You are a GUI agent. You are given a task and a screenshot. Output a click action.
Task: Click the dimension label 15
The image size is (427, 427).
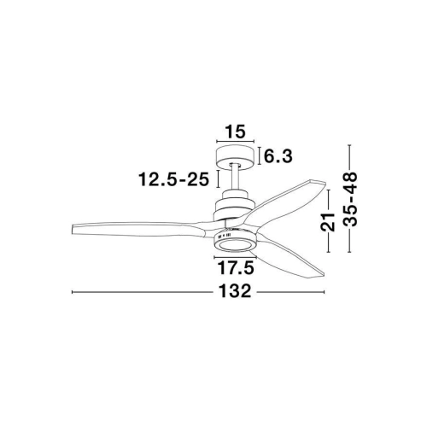click(235, 132)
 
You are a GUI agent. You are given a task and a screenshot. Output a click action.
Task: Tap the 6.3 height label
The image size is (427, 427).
click(278, 156)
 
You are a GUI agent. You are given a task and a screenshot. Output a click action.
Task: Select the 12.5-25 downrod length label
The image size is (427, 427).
click(173, 179)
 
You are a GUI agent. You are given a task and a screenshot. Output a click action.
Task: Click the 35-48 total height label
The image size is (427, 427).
click(350, 199)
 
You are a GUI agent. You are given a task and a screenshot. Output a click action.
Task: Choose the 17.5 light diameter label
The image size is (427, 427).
click(235, 268)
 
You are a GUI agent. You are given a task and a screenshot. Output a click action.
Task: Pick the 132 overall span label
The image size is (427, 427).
click(235, 291)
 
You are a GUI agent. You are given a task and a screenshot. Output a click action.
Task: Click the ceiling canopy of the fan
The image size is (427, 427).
click(235, 157)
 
